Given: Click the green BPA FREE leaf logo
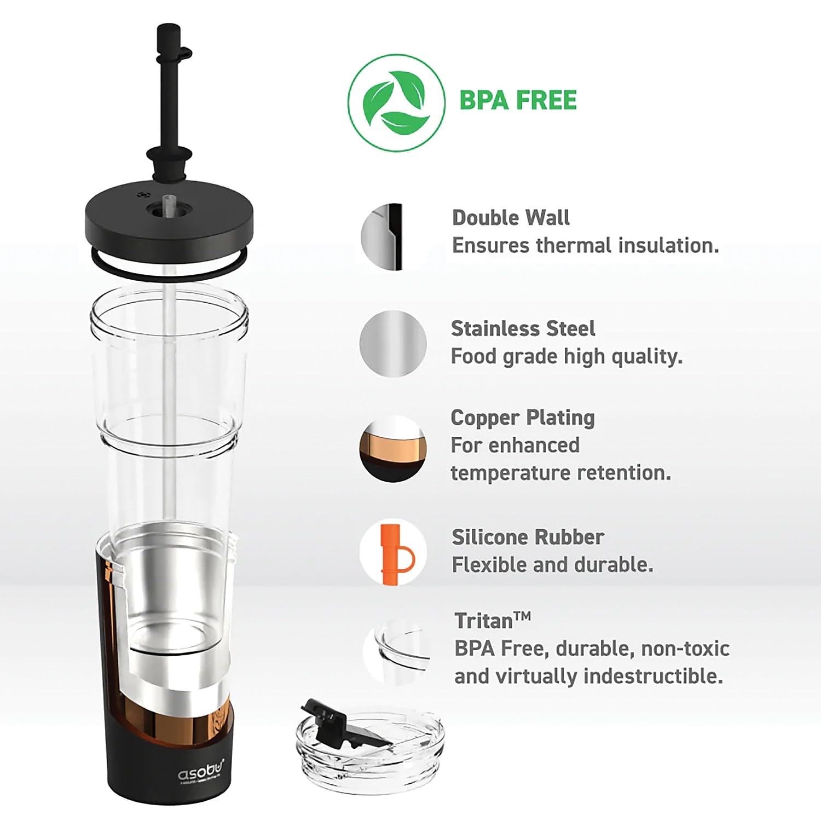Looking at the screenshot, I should click(397, 102).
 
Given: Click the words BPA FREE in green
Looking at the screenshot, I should click(518, 101).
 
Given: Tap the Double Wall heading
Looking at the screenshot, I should click(511, 218).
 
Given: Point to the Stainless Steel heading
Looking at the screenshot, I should click(523, 328).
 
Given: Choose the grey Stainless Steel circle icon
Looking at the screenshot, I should click(393, 344).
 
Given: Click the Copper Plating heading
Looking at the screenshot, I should click(523, 418).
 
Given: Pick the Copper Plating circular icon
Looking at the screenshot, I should click(393, 449).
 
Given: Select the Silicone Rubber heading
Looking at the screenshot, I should click(528, 537).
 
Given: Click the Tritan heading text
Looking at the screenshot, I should click(493, 621).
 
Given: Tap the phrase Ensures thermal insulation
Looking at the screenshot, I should click(585, 246).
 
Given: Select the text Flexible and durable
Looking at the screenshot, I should click(552, 565).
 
